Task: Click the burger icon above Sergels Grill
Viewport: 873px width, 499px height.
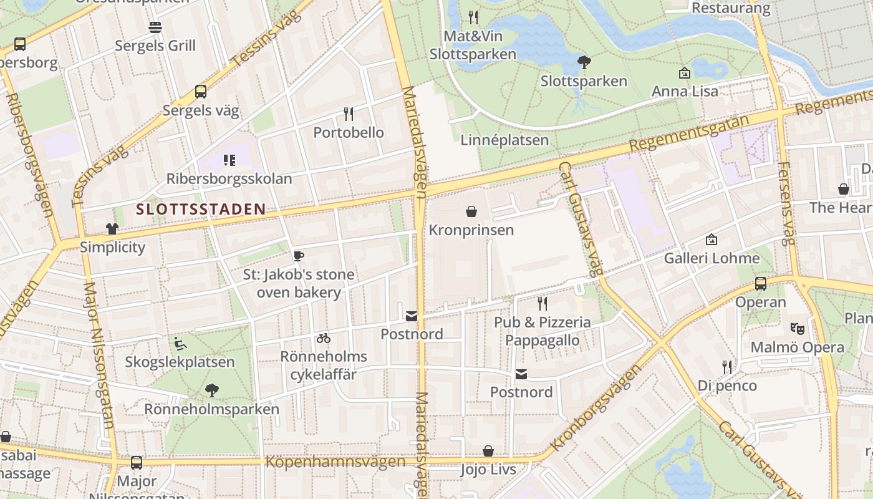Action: click(x=155, y=27)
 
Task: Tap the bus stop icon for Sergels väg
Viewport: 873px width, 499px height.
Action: click(x=201, y=92)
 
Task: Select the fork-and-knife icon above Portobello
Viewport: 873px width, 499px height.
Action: click(x=349, y=114)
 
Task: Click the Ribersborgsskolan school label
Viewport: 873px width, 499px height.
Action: click(x=229, y=179)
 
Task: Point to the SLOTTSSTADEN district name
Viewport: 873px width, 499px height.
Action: click(x=201, y=210)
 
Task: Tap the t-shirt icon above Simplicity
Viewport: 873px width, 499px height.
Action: click(x=112, y=229)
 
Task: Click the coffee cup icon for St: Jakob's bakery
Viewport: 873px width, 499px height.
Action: click(x=299, y=256)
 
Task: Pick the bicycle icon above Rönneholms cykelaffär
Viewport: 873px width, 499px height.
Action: click(x=323, y=338)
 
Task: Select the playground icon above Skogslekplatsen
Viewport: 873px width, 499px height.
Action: click(x=180, y=343)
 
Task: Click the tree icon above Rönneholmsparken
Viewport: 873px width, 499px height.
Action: click(x=212, y=390)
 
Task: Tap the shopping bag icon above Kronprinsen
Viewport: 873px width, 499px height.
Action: click(x=471, y=211)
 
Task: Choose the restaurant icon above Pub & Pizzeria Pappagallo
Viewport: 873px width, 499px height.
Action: click(x=543, y=304)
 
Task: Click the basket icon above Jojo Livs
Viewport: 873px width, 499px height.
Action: click(x=488, y=450)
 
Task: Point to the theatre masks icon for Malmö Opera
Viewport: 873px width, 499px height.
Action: click(x=797, y=328)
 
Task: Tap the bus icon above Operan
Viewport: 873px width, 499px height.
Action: click(x=761, y=284)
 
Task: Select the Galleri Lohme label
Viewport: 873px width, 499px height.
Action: click(x=711, y=258)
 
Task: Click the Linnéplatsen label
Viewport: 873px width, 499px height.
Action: click(x=504, y=140)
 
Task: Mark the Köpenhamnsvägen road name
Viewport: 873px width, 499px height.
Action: click(x=335, y=462)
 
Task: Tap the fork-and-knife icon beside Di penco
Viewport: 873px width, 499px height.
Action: click(x=727, y=367)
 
